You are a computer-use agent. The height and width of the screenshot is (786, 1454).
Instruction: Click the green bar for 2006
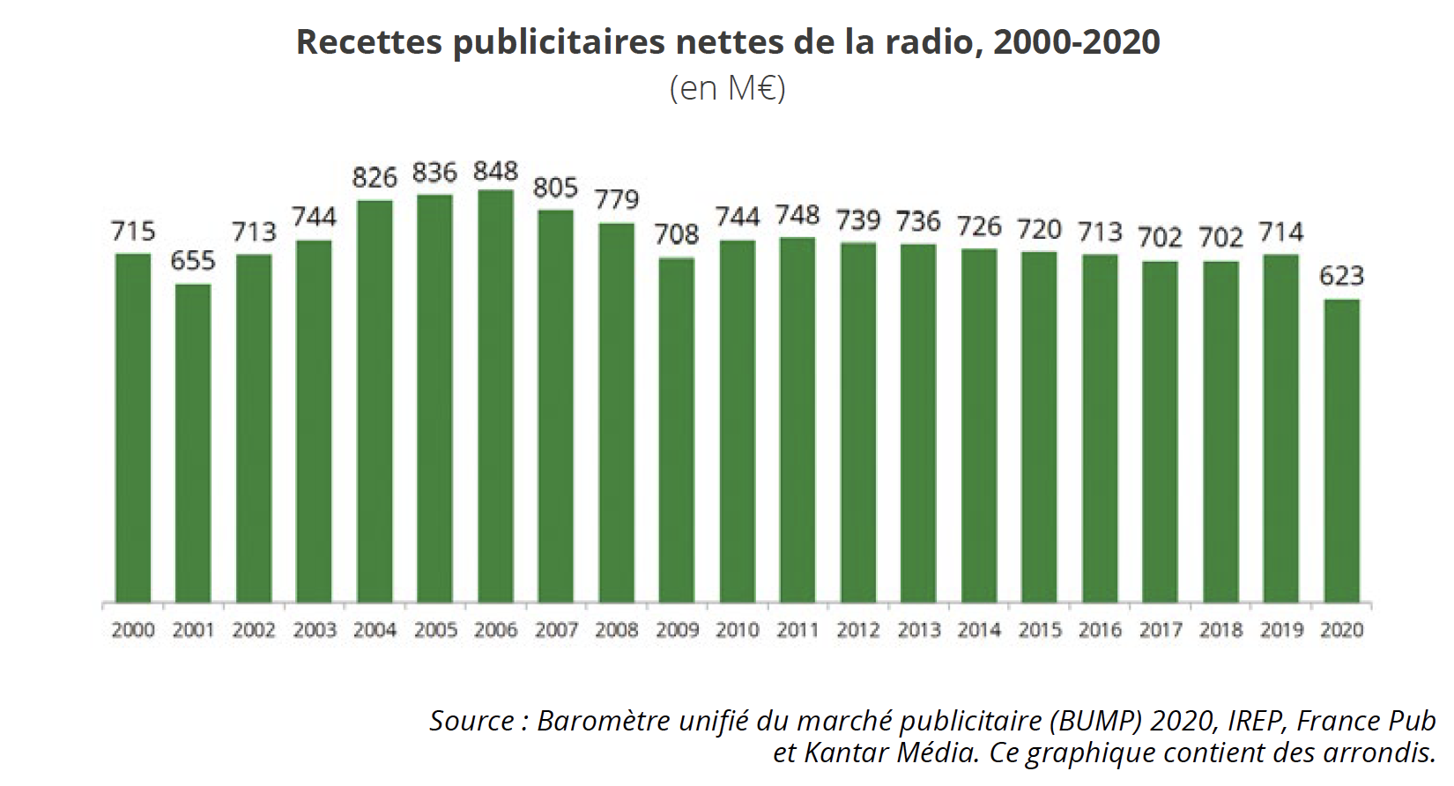495,397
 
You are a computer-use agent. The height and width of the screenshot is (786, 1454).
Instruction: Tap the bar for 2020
1341,451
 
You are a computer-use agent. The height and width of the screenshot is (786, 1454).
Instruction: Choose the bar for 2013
918,423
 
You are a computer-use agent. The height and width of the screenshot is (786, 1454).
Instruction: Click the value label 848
495,171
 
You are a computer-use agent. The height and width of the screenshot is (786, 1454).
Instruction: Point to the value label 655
193,261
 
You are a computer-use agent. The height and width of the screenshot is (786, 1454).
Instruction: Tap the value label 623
1341,276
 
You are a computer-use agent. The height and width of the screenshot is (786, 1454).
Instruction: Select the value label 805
555,188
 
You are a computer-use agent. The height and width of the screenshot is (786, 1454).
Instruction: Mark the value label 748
797,215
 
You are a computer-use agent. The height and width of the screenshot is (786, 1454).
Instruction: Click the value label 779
616,200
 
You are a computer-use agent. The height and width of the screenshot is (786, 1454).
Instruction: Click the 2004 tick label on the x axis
375,630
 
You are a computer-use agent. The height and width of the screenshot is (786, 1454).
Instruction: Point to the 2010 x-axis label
737,630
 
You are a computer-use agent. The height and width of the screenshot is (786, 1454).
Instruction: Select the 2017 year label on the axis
1160,630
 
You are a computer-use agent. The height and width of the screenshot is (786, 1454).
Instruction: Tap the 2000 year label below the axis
133,630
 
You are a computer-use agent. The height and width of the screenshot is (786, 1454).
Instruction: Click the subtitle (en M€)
727,88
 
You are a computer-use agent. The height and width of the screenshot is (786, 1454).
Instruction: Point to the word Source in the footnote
472,721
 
